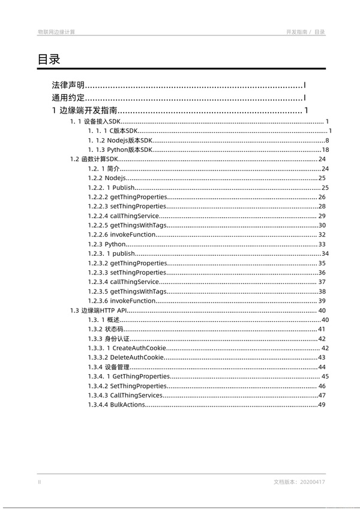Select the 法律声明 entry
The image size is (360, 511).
(x=68, y=86)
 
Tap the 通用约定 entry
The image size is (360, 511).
(x=68, y=98)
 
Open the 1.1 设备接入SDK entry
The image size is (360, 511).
(x=95, y=121)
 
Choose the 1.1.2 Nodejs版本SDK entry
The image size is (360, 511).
(x=116, y=140)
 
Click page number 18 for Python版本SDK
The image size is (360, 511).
(x=326, y=150)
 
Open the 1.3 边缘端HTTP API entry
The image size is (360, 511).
(x=99, y=310)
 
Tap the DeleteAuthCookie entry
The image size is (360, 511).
(x=125, y=357)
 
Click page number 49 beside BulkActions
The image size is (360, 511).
(x=322, y=405)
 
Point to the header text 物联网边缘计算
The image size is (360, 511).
(x=56, y=32)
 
